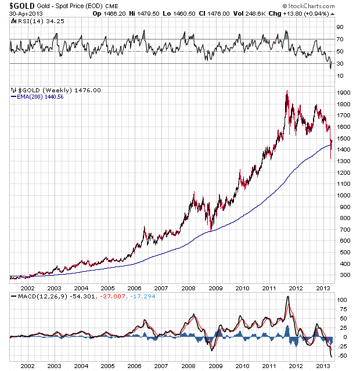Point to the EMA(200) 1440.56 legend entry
[38, 97]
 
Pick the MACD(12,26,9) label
[35, 297]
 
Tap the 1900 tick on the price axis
[344, 93]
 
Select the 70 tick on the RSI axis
[341, 39]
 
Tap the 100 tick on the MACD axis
[343, 300]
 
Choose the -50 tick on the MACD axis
[343, 355]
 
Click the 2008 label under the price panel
[188, 287]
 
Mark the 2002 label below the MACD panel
[27, 366]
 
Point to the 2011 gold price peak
[287, 91]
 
